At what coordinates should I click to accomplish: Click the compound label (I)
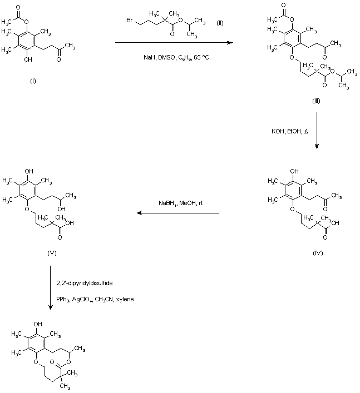[33, 81]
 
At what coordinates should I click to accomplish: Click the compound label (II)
[220, 22]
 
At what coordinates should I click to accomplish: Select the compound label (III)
[317, 102]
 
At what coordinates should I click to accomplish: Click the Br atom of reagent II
[129, 21]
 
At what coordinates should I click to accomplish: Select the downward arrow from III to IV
[317, 131]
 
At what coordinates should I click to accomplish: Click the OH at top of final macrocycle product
[37, 322]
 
